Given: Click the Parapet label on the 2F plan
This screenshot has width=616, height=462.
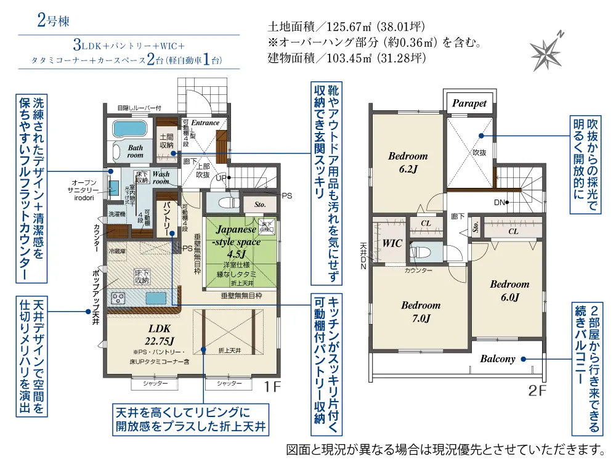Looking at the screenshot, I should click(469, 103).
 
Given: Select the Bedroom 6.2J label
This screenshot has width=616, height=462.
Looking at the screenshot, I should click(408, 162).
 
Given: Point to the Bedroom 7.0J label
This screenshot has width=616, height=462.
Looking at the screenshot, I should click(421, 312).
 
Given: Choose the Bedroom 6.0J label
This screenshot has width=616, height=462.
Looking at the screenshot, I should click(509, 291).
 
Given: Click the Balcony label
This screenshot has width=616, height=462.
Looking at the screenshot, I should click(498, 359).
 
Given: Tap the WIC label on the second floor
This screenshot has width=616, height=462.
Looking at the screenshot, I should click(392, 243).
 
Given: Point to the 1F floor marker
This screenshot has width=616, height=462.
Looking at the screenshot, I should click(272, 387).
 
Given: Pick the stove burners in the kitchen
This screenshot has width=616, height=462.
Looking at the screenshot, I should click(118, 298).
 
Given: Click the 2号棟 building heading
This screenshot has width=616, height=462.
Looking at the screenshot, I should click(53, 20).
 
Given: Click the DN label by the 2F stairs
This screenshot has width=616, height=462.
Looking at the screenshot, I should click(500, 203).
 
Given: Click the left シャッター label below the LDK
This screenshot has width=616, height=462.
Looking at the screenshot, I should click(155, 383).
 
